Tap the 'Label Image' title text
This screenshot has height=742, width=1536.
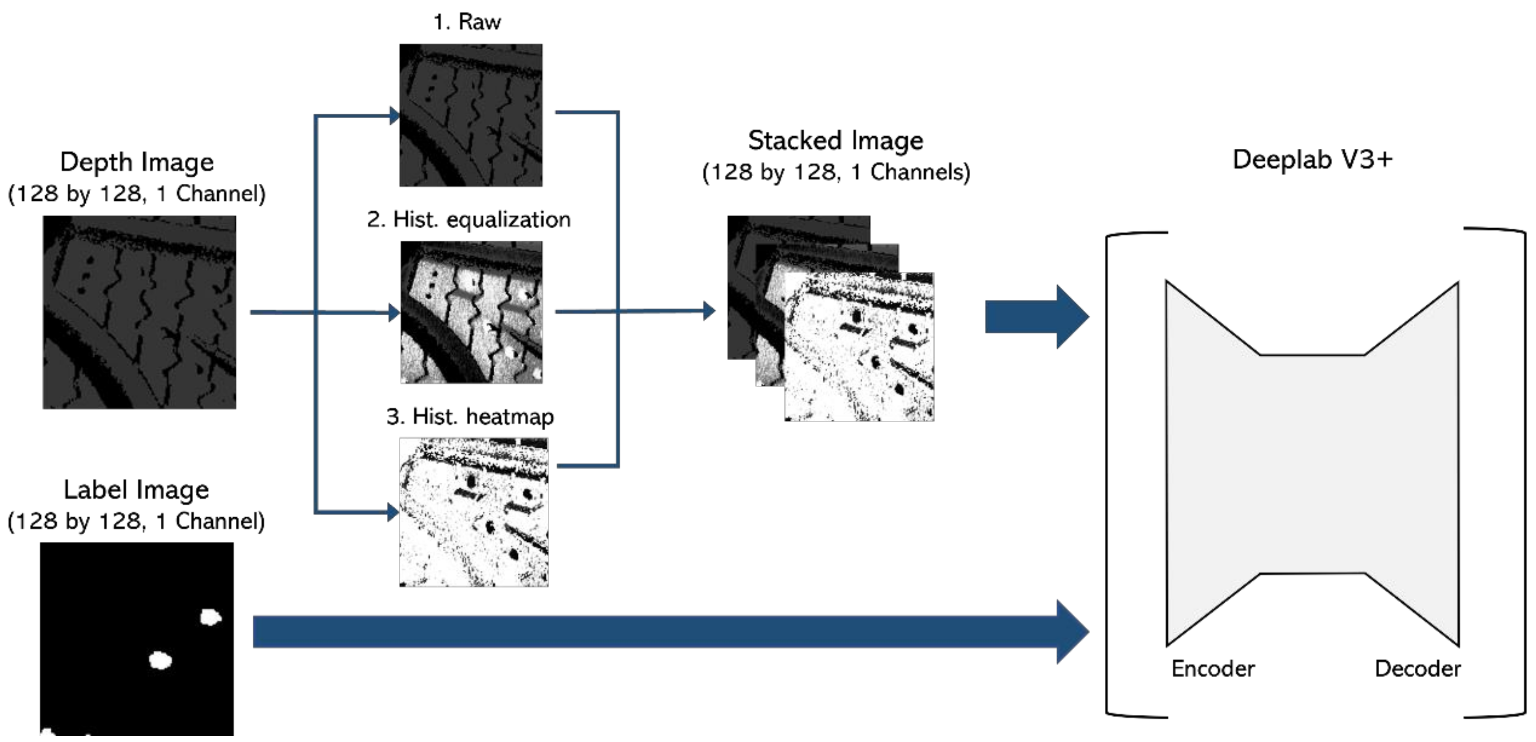click(136, 490)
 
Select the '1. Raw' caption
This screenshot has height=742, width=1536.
click(467, 22)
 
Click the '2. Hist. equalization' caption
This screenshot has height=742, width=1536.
click(468, 219)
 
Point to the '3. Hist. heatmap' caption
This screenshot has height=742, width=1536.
click(470, 417)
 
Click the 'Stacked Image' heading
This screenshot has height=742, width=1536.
click(835, 141)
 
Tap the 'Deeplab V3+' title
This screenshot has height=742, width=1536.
click(1312, 159)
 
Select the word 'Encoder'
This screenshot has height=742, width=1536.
click(1213, 669)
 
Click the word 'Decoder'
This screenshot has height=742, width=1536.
click(1417, 669)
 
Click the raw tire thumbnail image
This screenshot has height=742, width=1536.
click(470, 115)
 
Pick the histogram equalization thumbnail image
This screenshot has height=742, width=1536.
click(471, 312)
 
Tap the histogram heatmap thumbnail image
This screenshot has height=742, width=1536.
click(473, 512)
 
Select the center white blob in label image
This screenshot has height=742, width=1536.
click(160, 660)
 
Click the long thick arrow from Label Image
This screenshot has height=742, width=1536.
click(656, 631)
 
